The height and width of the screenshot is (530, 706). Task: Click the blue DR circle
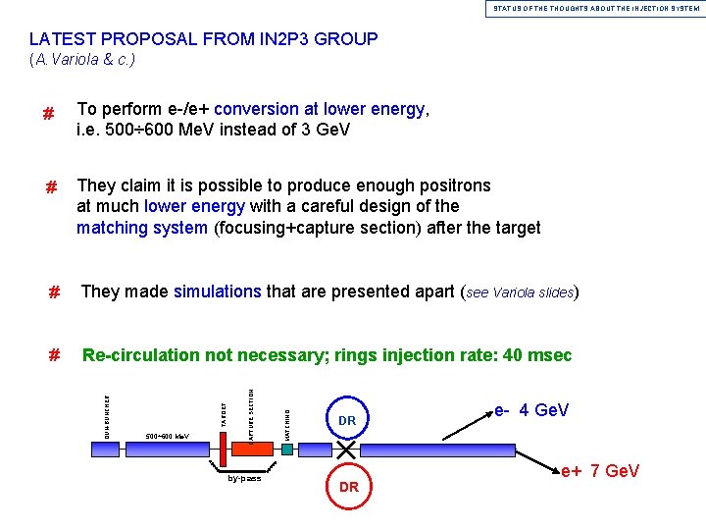(346, 420)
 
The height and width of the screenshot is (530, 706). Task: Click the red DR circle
(348, 487)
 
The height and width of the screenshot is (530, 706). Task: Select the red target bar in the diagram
(224, 447)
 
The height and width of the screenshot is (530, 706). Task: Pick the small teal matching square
(286, 449)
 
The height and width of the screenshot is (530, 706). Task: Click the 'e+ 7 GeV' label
(600, 472)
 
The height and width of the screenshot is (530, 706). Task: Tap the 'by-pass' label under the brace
(244, 479)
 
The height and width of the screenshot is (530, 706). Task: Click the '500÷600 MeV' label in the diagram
(168, 436)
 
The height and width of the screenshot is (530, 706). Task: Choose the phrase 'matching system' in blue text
(141, 228)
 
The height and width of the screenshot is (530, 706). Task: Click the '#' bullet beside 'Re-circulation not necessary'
(55, 356)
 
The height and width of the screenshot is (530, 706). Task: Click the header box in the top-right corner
(595, 8)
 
